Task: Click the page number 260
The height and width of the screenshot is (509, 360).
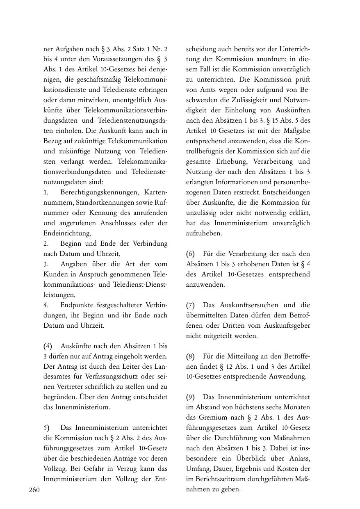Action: [x=34, y=490]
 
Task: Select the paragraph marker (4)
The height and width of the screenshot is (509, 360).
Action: [x=48, y=346]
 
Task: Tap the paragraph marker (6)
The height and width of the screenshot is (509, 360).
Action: [x=191, y=254]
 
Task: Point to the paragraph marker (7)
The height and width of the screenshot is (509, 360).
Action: [x=191, y=305]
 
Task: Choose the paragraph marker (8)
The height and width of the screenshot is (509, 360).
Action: [x=191, y=356]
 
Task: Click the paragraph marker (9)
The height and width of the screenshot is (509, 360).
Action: [x=191, y=397]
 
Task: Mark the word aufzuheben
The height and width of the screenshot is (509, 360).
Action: [x=204, y=233]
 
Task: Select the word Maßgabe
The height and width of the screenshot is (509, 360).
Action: [x=294, y=131]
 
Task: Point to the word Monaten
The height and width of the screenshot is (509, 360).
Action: [x=298, y=407]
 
